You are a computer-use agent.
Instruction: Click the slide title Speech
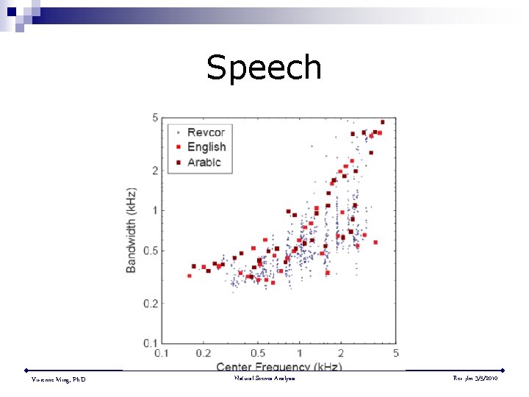264,68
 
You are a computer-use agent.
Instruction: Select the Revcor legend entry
206,132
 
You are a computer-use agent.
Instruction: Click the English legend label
206,147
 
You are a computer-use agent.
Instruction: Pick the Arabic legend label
204,162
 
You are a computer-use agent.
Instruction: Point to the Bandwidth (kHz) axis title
132,229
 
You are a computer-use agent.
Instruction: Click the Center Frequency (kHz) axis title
278,366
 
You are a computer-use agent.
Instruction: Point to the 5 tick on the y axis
155,118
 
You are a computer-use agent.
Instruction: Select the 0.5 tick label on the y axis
151,251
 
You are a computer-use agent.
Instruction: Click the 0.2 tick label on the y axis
151,303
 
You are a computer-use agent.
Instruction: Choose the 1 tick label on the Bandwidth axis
155,211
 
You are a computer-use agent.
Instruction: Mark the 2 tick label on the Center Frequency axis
340,353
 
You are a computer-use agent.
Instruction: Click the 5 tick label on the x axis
395,353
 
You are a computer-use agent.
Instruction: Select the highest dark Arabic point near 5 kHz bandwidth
382,122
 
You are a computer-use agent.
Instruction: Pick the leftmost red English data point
190,276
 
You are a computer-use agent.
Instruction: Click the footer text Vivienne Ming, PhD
58,379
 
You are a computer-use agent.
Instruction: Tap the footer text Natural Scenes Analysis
264,378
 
